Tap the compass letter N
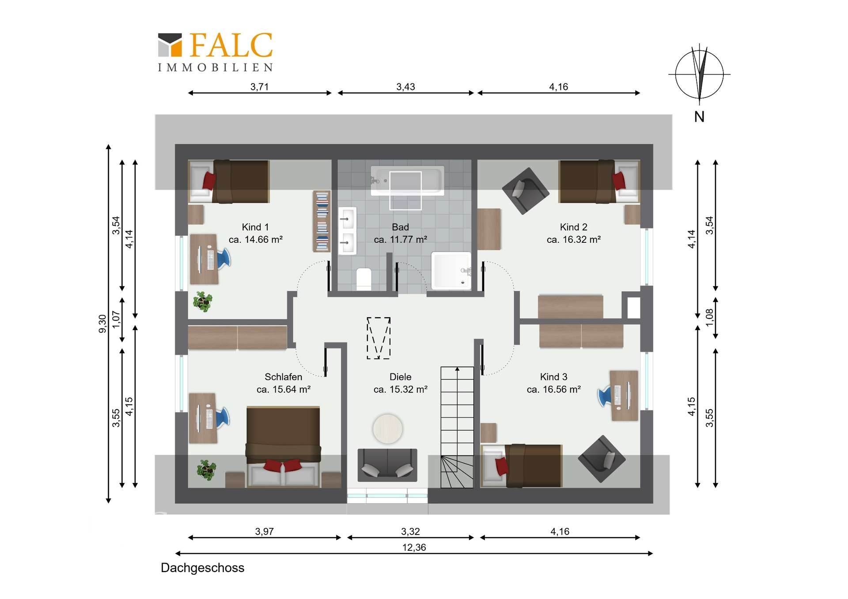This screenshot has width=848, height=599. tap(699, 117)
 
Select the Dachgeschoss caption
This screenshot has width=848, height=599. tap(202, 568)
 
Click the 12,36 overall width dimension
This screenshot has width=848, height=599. tap(414, 547)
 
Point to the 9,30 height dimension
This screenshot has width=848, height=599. tap(102, 324)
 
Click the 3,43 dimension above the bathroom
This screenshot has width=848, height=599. tap(405, 87)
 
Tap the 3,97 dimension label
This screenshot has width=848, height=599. tap(264, 531)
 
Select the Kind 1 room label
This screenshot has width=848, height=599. tap(255, 227)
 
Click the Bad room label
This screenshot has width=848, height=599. tap(401, 227)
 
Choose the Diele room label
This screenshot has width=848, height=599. tap(401, 377)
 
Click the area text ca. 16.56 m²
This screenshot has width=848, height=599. tap(554, 389)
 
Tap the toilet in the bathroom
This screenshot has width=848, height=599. tap(364, 279)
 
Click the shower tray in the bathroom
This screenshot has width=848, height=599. tap(451, 271)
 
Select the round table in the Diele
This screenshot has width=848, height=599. tap(387, 428)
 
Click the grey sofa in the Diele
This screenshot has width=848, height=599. tap(387, 465)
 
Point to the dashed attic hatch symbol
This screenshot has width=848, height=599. tap(379, 338)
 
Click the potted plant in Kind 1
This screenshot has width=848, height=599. tap(203, 301)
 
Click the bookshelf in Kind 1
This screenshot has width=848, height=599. tap(322, 221)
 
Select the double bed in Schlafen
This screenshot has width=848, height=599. tap(283, 447)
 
